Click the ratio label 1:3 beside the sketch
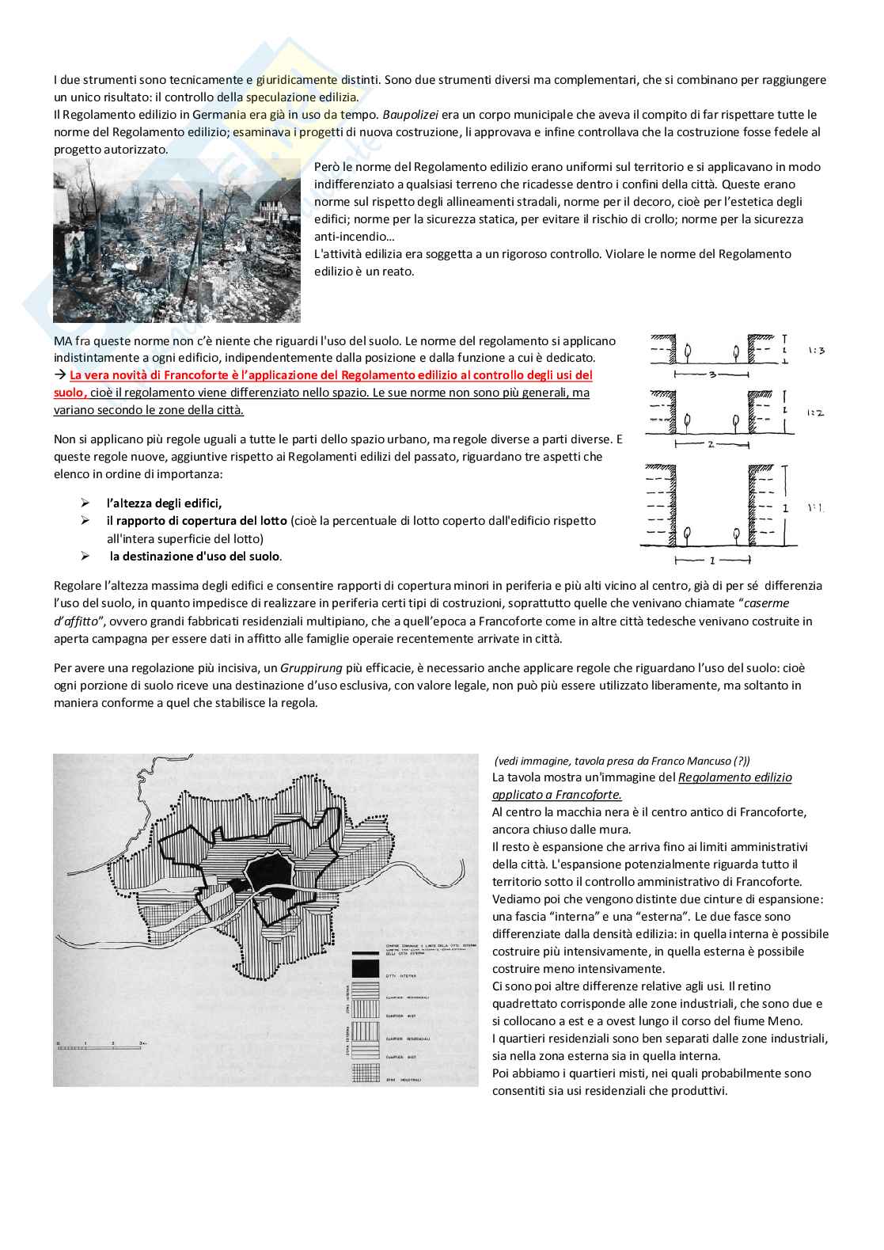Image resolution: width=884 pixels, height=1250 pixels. [816, 350]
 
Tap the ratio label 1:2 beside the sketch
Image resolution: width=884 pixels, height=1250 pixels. [815, 412]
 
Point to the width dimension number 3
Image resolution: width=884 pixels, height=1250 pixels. [711, 374]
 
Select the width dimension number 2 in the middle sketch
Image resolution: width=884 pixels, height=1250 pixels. [711, 444]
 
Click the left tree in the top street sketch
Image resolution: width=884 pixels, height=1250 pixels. [686, 350]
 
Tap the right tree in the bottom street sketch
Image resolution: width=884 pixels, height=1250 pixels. [737, 535]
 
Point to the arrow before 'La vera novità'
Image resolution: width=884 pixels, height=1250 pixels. [60, 375]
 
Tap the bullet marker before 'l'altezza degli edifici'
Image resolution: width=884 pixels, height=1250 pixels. [85, 503]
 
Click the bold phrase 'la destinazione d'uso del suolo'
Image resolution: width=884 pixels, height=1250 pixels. [195, 557]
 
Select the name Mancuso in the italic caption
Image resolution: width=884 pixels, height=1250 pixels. [701, 761]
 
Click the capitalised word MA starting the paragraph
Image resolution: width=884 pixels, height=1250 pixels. [63, 341]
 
